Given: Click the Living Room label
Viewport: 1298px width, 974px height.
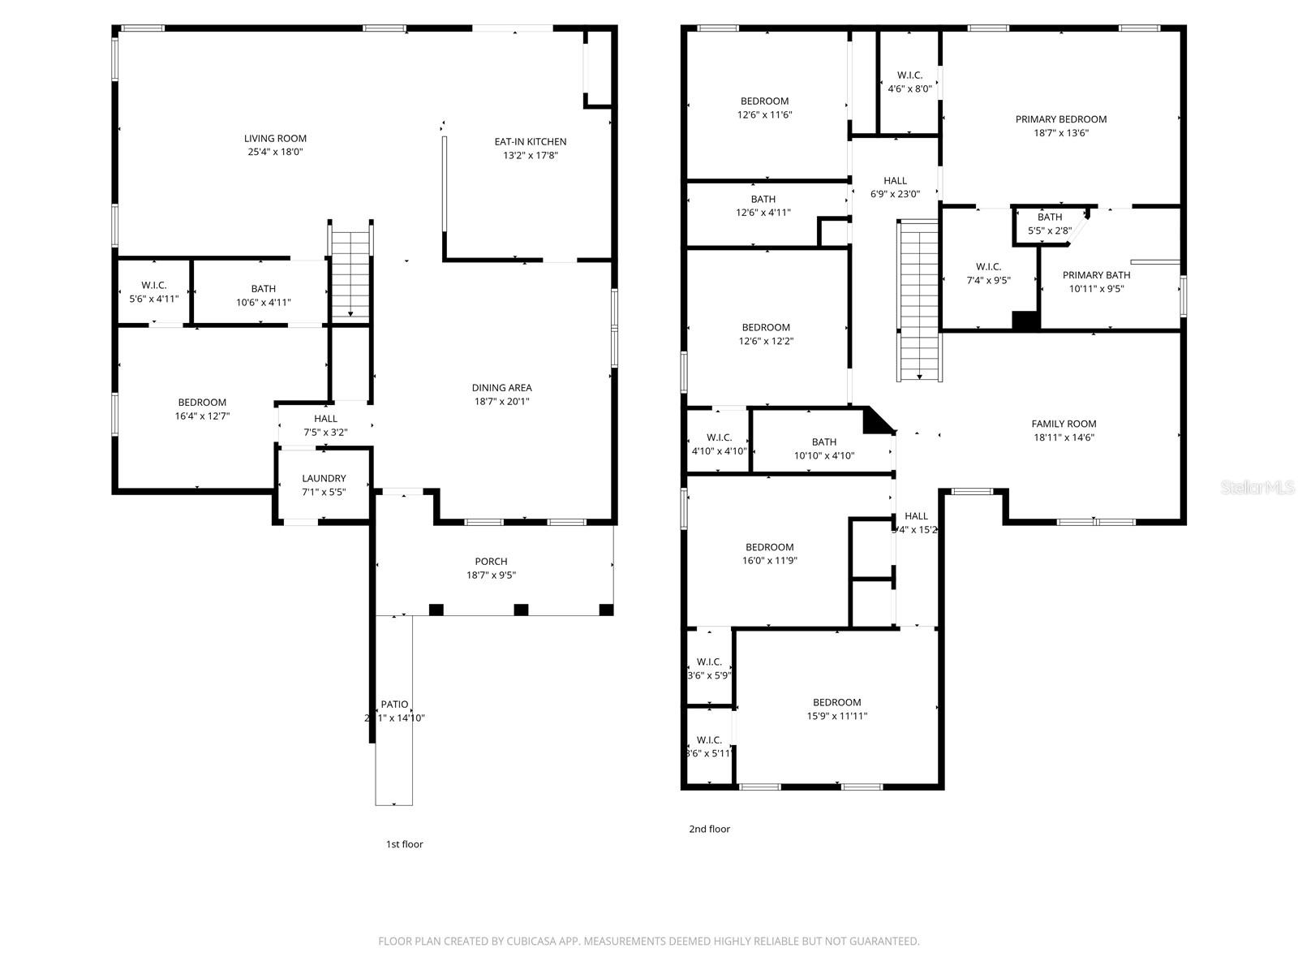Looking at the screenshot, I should point(275,139).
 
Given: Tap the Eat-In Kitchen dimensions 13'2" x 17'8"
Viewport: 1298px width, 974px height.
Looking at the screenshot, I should point(530,155).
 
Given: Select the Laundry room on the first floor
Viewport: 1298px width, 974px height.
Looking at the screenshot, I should point(324,485).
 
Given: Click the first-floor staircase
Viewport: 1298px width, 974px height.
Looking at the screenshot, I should point(350,274).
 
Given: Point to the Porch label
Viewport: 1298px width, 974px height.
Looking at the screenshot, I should point(491,562).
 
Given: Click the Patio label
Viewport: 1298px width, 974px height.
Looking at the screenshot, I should point(394,705).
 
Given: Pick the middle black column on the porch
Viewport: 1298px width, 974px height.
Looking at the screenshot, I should point(521,610).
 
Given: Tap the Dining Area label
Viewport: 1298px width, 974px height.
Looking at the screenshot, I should point(501,388).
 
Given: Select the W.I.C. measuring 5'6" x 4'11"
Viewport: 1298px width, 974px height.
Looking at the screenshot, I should point(154,291).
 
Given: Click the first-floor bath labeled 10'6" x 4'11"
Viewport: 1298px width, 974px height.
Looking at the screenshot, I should point(263,295).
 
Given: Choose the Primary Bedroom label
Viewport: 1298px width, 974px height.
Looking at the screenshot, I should point(1060,119).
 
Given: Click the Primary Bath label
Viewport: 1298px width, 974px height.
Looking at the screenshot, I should point(1096,275).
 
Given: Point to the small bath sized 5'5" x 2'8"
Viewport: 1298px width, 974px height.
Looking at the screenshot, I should point(1049,223).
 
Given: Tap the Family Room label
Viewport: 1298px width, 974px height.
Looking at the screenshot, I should point(1064,424).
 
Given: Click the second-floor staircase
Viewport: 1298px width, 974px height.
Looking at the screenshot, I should point(919,300).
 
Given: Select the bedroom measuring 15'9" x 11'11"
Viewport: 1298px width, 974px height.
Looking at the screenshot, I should point(836,709).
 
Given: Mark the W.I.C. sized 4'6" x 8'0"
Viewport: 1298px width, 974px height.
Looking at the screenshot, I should point(909,82).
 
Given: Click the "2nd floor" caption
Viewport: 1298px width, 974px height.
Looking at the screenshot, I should point(709,829).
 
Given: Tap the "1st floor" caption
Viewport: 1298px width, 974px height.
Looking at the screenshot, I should point(404,844).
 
